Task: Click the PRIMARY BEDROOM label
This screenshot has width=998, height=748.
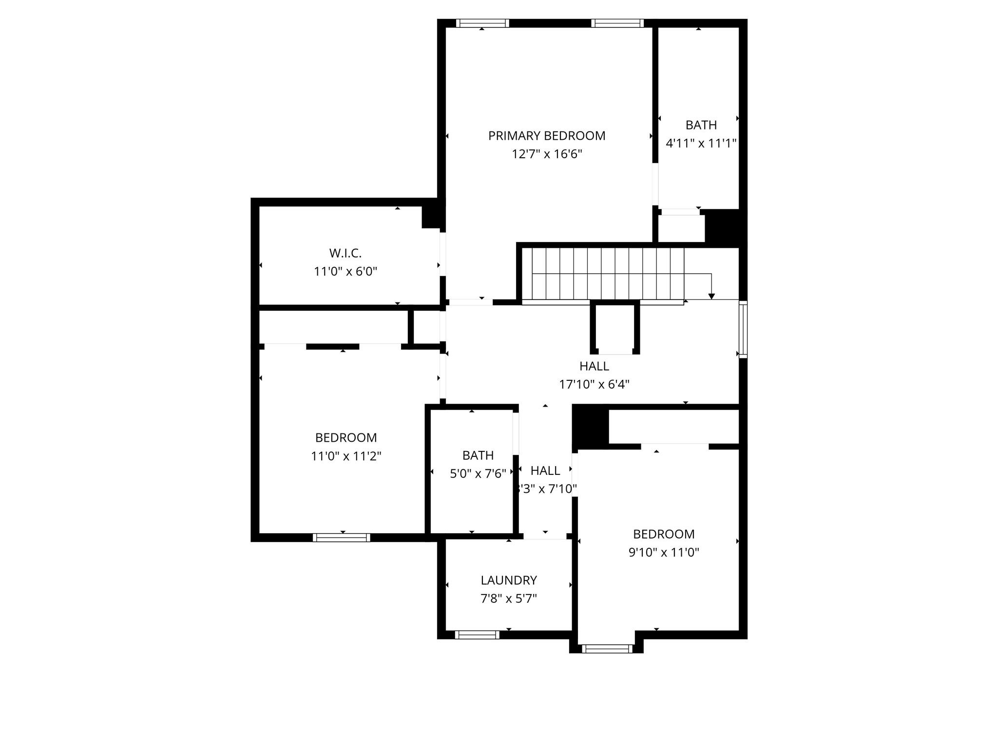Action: [547, 136]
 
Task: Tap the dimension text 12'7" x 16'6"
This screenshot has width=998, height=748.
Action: [547, 154]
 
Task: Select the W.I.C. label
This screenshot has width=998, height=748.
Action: [345, 253]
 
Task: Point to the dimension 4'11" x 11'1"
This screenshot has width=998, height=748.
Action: [701, 144]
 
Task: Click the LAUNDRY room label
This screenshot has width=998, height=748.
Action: [509, 580]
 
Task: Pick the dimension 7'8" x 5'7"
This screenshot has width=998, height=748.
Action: [509, 598]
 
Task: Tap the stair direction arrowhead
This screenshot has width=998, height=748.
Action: [711, 296]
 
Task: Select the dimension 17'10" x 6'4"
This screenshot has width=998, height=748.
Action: [594, 385]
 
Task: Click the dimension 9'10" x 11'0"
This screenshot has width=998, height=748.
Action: [664, 553]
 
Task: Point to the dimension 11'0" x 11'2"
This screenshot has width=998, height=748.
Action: [346, 456]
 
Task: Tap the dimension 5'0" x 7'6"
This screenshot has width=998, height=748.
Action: [478, 474]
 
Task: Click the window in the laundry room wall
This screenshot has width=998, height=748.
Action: [477, 635]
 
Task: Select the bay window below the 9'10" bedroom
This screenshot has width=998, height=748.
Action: [607, 649]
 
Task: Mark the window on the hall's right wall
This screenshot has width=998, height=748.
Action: [743, 330]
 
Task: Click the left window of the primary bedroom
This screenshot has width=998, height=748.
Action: [482, 23]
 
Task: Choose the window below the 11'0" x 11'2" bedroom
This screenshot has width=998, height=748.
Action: [341, 538]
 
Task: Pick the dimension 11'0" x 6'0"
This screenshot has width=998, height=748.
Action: [345, 272]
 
